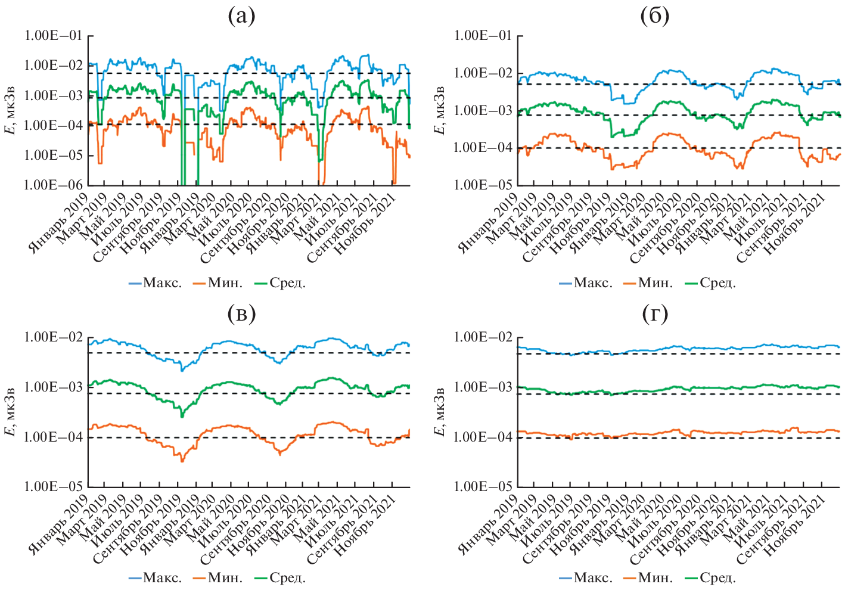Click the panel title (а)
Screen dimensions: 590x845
click(x=241, y=16)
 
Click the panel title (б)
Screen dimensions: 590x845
click(x=654, y=16)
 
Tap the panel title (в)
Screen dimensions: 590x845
click(x=241, y=313)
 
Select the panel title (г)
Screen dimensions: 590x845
click(x=654, y=313)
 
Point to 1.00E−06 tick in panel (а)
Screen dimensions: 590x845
click(x=52, y=185)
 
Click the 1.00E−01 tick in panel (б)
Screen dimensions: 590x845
click(x=482, y=36)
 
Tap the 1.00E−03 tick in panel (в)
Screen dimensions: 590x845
click(x=52, y=387)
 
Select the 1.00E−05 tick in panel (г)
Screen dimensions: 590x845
click(x=482, y=487)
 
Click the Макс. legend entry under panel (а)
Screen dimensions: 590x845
click(x=156, y=282)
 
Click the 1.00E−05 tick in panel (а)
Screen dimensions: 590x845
click(x=52, y=156)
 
